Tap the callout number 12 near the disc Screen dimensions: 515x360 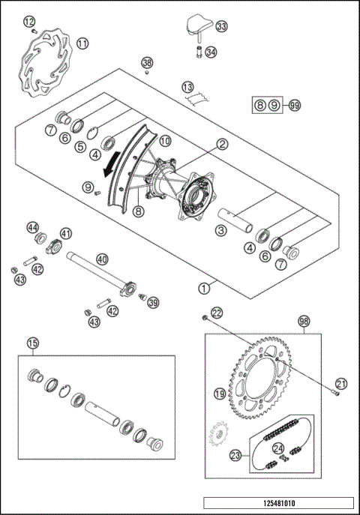(28, 22)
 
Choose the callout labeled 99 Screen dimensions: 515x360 (294, 106)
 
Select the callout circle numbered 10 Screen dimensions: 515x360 (165, 140)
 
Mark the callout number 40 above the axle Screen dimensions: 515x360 (102, 259)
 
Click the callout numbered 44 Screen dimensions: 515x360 (33, 226)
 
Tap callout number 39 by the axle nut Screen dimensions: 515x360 (154, 303)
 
